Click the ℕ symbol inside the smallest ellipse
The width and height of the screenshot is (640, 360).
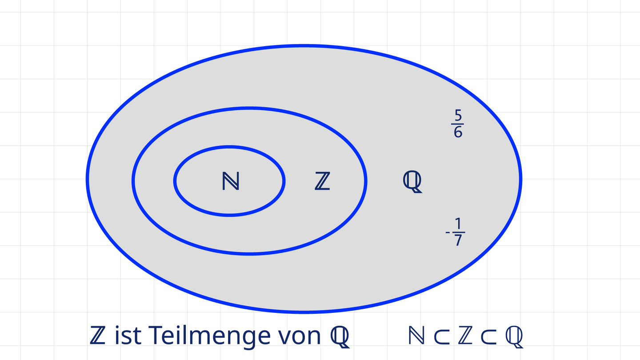pyautogui.click(x=231, y=181)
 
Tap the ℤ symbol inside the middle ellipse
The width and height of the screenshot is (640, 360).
pyautogui.click(x=323, y=181)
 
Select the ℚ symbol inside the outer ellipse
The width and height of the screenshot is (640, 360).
pyautogui.click(x=412, y=182)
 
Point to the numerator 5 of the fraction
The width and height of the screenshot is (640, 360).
pyautogui.click(x=458, y=115)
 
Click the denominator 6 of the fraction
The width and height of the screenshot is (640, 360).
pyautogui.click(x=458, y=132)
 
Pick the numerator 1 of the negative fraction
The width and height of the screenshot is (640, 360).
pyautogui.click(x=458, y=224)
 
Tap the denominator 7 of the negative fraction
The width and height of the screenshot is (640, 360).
pyautogui.click(x=458, y=240)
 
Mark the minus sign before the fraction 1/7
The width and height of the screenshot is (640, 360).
pyautogui.click(x=448, y=232)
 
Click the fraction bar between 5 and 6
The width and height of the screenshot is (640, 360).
pyautogui.click(x=457, y=124)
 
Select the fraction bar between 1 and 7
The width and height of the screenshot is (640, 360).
pyautogui.click(x=459, y=232)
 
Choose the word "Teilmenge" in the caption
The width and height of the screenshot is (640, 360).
pyautogui.click(x=209, y=337)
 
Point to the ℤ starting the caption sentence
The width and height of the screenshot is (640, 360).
pyautogui.click(x=97, y=335)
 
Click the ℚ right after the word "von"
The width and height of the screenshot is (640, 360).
pyautogui.click(x=340, y=337)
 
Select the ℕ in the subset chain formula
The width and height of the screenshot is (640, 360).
pyautogui.click(x=416, y=335)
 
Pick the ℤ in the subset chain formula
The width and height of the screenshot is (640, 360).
pyautogui.click(x=465, y=335)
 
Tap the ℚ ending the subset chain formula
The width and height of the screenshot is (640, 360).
pyautogui.click(x=514, y=337)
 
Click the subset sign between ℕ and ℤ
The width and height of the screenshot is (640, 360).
pyautogui.click(x=442, y=336)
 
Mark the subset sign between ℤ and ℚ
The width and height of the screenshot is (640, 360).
pyautogui.click(x=488, y=336)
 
